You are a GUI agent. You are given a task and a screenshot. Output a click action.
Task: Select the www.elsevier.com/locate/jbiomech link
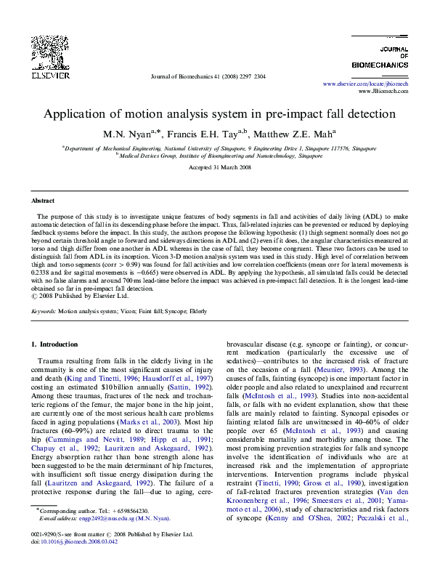pos(365,85)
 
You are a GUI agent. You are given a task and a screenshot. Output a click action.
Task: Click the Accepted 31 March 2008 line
pos(216,167)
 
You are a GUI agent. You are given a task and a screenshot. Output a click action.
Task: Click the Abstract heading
pos(43,200)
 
